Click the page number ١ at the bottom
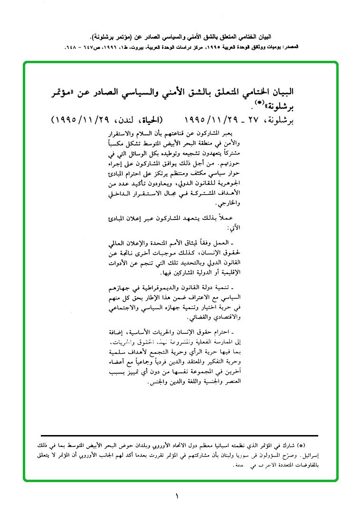click(x=177, y=497)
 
